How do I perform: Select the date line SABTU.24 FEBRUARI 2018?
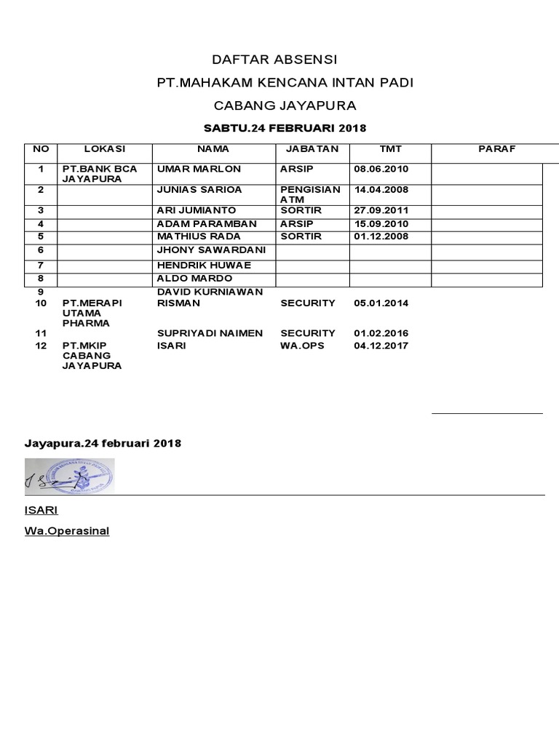click(285, 129)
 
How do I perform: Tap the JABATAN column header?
click(312, 149)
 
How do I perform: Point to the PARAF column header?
click(496, 149)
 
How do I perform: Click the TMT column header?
click(390, 149)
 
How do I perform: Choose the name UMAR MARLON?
click(199, 169)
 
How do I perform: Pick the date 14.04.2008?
click(381, 189)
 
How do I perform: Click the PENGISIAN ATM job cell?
click(310, 194)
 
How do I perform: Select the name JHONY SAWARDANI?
click(211, 250)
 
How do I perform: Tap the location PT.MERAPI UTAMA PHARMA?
click(92, 313)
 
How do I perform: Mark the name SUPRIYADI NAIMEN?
click(210, 333)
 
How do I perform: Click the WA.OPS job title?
click(302, 346)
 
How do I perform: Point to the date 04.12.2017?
click(381, 346)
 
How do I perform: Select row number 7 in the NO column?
click(41, 266)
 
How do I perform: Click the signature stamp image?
click(69, 474)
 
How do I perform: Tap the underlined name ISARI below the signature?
click(41, 511)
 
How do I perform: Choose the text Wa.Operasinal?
click(67, 531)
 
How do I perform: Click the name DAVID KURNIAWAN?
click(210, 292)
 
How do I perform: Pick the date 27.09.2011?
click(381, 210)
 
